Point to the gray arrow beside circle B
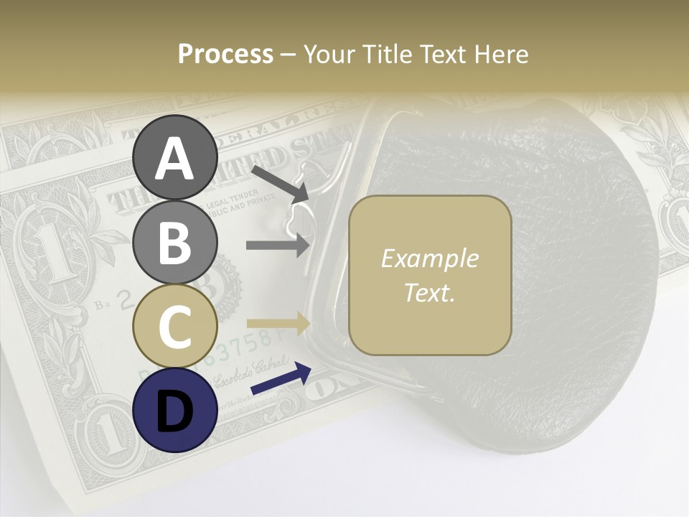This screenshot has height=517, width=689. (x=278, y=245)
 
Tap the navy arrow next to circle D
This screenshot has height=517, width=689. (x=281, y=379)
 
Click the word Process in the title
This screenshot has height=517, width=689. (x=225, y=54)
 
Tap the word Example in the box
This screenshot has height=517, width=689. (x=429, y=259)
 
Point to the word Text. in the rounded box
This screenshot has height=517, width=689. (x=429, y=292)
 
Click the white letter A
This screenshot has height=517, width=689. (x=175, y=159)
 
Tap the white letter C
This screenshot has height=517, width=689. (x=175, y=326)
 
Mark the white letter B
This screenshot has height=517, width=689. (x=175, y=243)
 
